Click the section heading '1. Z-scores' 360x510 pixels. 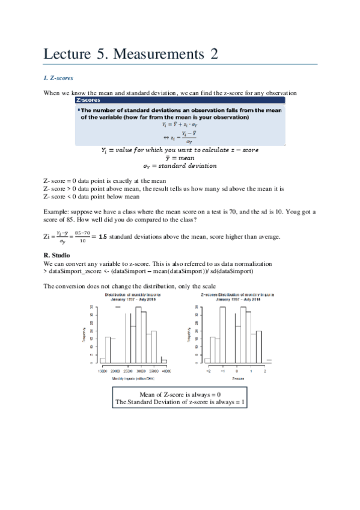(59, 78)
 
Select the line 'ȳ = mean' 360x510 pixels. (179, 157)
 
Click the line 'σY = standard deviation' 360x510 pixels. (179, 165)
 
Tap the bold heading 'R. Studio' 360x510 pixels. (57, 256)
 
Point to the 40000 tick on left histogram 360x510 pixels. (163, 372)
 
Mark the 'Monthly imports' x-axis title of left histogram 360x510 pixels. (129, 378)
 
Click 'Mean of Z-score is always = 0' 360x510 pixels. (180, 394)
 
